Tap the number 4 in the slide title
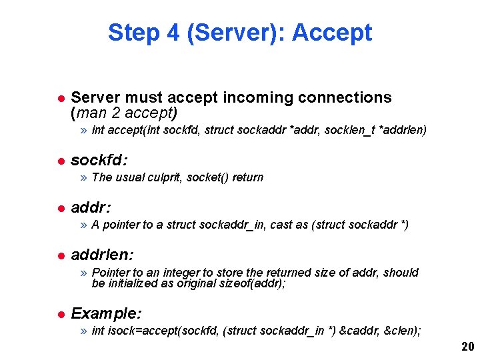click(x=172, y=32)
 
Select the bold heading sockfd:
click(x=99, y=161)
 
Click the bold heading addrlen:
click(x=102, y=255)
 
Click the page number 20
click(x=467, y=347)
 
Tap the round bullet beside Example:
click(x=59, y=314)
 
